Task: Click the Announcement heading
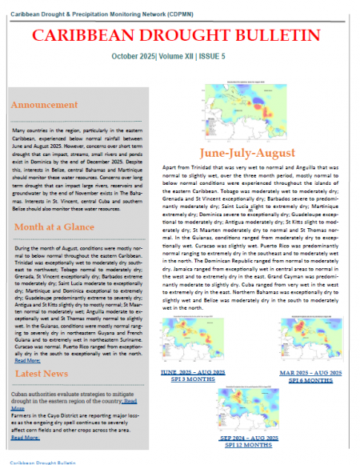[45, 105]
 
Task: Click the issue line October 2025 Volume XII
[180, 57]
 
